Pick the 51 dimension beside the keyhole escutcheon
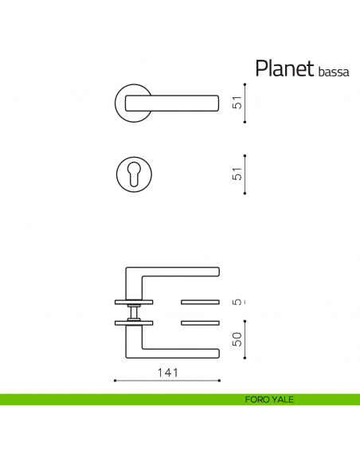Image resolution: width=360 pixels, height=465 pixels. click(x=237, y=174)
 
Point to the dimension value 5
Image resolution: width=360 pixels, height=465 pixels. click(x=237, y=303)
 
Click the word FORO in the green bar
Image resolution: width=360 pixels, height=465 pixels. click(x=257, y=400)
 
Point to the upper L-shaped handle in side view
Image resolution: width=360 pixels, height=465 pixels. click(x=171, y=274)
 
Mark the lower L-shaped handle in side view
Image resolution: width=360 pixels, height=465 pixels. click(x=171, y=347)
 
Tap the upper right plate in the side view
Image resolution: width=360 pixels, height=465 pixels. click(x=202, y=302)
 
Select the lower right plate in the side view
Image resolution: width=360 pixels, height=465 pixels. click(x=202, y=322)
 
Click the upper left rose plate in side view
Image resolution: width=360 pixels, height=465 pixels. click(x=134, y=302)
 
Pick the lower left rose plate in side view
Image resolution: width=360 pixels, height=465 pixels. click(x=134, y=322)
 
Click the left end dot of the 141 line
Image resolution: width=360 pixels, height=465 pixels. click(x=115, y=381)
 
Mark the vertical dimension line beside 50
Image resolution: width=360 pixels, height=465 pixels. click(x=245, y=339)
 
